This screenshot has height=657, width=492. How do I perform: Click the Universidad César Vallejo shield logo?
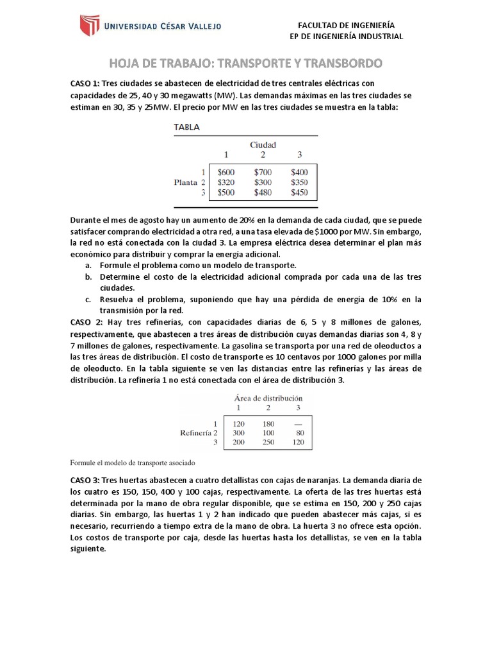[x=90, y=26]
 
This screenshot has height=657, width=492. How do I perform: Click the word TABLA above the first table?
[x=187, y=127]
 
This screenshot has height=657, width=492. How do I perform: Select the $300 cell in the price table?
[x=263, y=182]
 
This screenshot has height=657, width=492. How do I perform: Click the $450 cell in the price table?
[x=299, y=192]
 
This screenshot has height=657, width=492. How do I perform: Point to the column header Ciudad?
[x=263, y=145]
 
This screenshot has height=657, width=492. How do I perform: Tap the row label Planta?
[x=186, y=182]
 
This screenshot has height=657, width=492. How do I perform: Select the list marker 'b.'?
[x=88, y=277]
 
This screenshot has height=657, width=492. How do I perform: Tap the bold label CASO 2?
[x=86, y=322]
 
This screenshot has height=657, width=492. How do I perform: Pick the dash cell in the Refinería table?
[x=298, y=424]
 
